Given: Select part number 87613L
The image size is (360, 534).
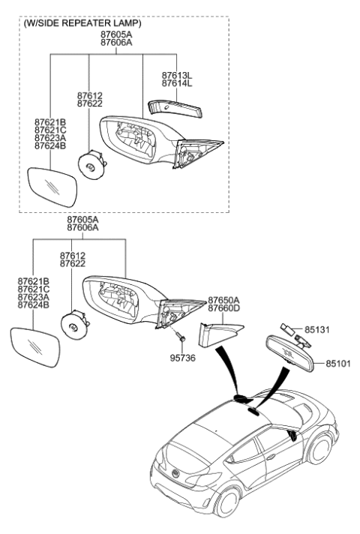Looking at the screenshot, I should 176,76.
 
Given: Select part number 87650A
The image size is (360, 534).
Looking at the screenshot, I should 223,298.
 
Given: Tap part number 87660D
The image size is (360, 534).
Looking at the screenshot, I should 223,307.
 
